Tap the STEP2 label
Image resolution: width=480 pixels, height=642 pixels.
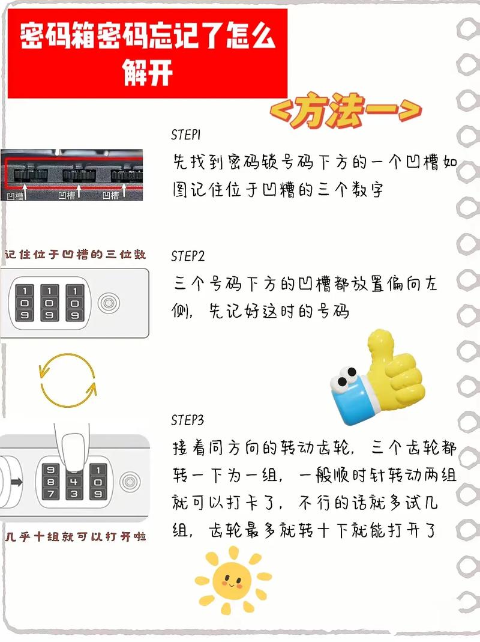[x=188, y=256]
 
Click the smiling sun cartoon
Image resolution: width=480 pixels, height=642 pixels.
[x=233, y=580]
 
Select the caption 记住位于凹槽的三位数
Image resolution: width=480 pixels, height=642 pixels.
[x=75, y=255]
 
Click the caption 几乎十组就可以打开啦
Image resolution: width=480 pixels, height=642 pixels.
[x=75, y=536]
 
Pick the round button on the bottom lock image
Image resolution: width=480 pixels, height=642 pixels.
[x=128, y=481]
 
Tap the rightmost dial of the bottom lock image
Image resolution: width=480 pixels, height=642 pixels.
[x=98, y=482]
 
